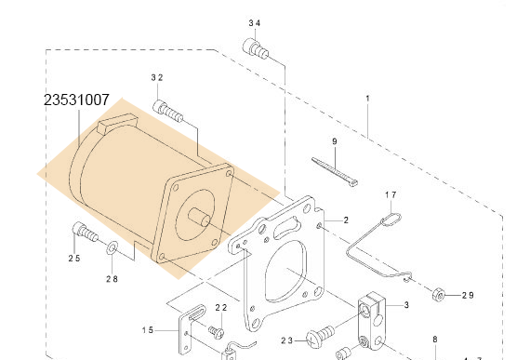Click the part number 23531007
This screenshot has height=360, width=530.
click(77, 100)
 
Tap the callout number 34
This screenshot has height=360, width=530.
click(255, 23)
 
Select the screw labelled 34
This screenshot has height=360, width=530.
click(256, 49)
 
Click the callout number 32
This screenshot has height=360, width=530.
click(157, 78)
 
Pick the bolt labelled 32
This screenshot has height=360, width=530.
click(168, 112)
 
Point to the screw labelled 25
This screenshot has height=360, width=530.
click(86, 232)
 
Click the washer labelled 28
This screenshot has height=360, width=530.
click(112, 248)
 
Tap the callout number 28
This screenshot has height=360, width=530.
click(112, 279)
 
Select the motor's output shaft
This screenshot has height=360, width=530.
click(199, 217)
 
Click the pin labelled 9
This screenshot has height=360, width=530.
click(335, 172)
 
